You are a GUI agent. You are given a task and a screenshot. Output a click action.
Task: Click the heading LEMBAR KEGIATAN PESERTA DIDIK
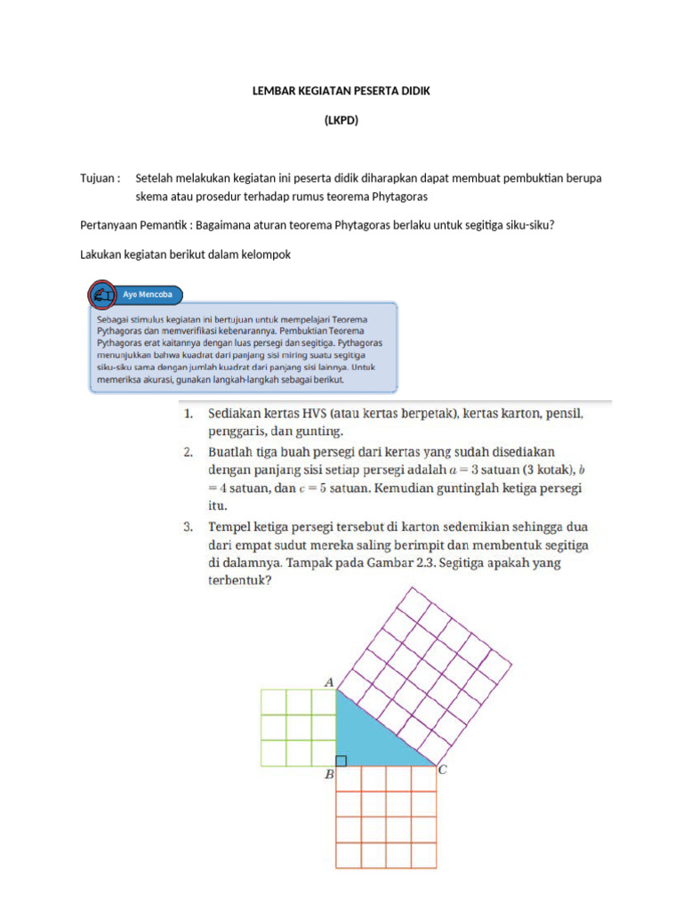pos(341,92)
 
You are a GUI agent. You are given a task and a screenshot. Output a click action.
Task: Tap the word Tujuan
pos(98,178)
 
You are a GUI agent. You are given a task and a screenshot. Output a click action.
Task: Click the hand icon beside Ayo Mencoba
pos(103,294)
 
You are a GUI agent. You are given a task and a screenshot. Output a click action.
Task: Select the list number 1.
pos(188,415)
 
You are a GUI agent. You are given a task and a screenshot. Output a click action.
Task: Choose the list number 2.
pos(188,452)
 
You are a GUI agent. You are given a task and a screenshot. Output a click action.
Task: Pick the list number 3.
pos(188,526)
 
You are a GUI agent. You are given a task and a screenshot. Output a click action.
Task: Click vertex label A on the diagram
pos(328,682)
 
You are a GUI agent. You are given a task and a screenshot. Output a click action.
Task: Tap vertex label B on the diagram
pos(328,775)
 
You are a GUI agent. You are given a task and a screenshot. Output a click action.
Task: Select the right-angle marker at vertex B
pos(341,761)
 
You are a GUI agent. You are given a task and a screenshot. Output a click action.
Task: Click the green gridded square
pos(298,728)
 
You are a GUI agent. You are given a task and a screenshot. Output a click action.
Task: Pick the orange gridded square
pos(386,816)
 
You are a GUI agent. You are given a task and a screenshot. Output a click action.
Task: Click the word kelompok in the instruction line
pos(265,254)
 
